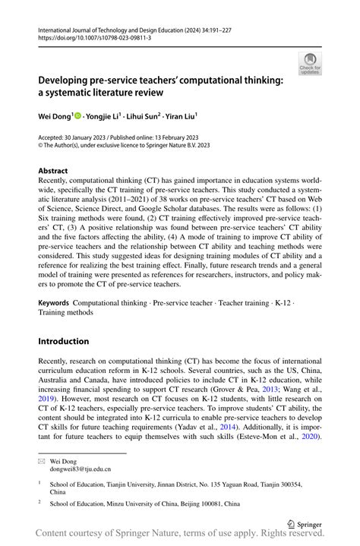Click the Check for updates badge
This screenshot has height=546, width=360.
click(x=309, y=63)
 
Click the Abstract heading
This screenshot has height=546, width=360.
click(x=53, y=171)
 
